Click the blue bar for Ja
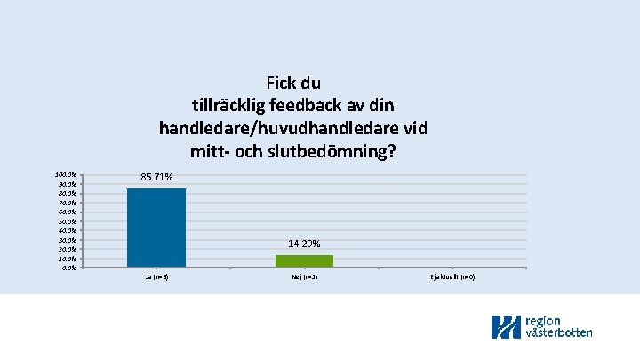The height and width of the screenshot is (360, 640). tap(156, 227)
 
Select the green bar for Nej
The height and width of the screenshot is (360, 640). tap(304, 260)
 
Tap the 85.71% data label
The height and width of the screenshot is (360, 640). tap(156, 178)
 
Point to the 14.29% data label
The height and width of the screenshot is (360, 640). tap(304, 244)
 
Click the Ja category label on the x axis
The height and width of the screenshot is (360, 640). tap(156, 277)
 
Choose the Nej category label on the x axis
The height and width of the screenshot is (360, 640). tap(304, 277)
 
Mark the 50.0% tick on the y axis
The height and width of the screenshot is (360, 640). tap(66, 220)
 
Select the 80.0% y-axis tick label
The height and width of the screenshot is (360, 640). tap(66, 193)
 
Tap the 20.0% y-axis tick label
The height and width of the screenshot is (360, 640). tap(66, 249)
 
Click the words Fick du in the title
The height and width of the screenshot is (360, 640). tap(292, 84)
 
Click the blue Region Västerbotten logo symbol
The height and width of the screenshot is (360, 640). tap(507, 326)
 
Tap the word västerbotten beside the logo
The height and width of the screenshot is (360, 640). tap(559, 332)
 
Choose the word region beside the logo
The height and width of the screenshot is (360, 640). tap(544, 320)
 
